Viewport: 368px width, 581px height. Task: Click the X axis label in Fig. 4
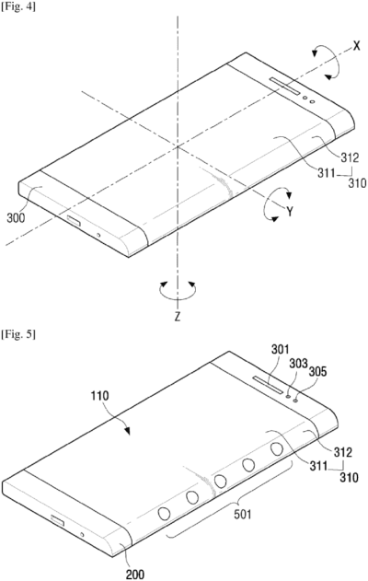coord(356,46)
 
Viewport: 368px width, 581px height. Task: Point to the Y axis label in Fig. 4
coord(290,212)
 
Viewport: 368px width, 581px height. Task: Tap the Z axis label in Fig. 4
coord(178,317)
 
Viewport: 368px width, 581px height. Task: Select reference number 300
coord(16,217)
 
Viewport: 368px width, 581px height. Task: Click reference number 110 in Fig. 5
coord(100,396)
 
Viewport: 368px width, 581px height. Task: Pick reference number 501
coord(242,514)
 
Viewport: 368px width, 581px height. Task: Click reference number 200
coord(135,575)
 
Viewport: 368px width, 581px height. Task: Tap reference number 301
coord(281,349)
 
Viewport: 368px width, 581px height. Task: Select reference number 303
coord(298,364)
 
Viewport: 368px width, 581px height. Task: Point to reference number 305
coord(317,371)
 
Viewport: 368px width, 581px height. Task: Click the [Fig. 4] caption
coord(18,6)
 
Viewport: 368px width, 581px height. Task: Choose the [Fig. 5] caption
coord(18,334)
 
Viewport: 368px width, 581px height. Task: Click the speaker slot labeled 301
coord(270,384)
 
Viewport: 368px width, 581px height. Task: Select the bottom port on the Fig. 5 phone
coord(57,521)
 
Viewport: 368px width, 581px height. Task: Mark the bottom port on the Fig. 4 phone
coord(74,222)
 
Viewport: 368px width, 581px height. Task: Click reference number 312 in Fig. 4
coord(350,157)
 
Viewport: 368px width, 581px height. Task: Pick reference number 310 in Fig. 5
coord(349,477)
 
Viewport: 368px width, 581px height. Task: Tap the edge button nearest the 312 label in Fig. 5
coord(277,449)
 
